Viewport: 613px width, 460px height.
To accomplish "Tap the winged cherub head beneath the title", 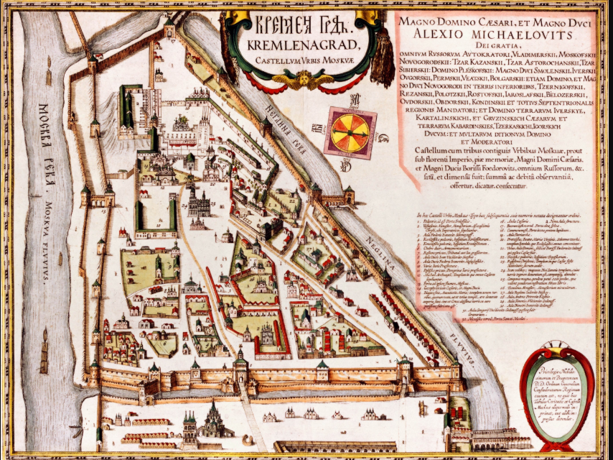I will coord(311,78).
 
